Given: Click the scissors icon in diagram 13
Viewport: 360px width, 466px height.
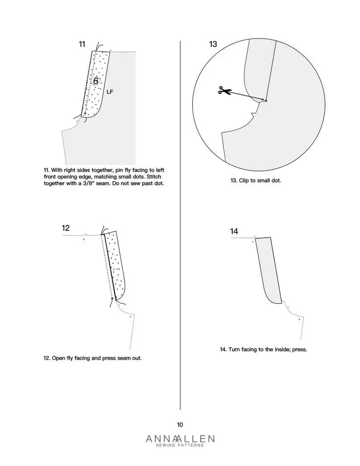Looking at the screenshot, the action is [x=225, y=90].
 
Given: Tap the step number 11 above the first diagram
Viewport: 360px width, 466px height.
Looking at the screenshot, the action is [x=82, y=44].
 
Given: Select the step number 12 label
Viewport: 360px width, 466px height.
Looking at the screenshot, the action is [x=66, y=228].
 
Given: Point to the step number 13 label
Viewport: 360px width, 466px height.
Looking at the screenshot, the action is [x=213, y=44].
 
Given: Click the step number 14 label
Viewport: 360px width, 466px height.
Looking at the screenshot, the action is [x=234, y=231].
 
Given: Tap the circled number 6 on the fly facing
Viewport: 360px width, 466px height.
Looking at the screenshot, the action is [x=96, y=81].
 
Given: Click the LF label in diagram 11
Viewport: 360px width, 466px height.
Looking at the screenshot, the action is [x=110, y=92].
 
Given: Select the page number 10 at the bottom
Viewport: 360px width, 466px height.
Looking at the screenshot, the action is [x=180, y=425].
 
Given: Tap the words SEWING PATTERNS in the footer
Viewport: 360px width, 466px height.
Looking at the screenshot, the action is [x=180, y=445].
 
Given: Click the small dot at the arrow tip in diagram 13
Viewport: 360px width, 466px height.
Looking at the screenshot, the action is [x=266, y=101].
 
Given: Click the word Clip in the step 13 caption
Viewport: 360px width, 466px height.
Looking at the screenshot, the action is [x=244, y=180].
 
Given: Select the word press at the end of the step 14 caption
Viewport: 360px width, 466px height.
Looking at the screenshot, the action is [x=299, y=349].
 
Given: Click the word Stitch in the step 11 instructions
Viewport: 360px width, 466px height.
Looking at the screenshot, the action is [x=154, y=176].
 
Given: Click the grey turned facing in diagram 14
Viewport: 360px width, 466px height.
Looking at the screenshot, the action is [x=268, y=271].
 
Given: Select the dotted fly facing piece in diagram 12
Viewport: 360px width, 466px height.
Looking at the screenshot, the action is [x=115, y=265].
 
